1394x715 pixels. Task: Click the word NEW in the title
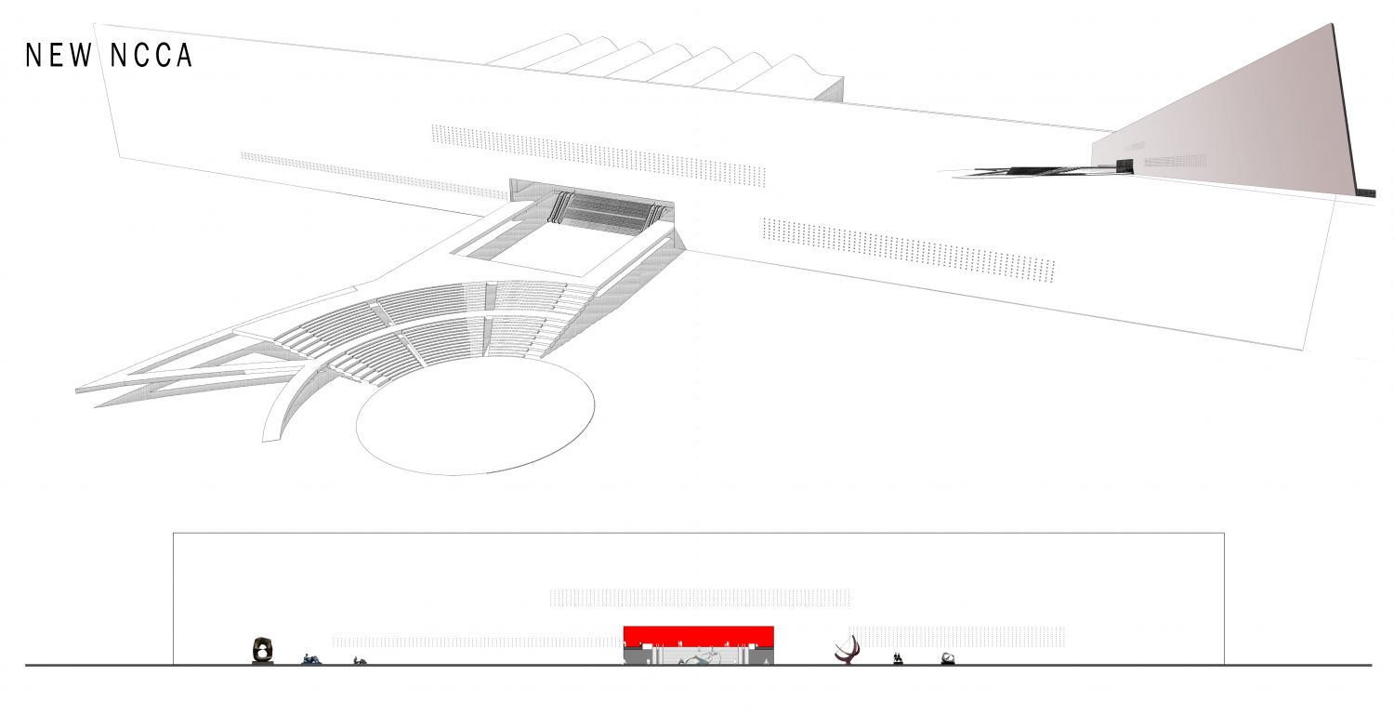coord(59,56)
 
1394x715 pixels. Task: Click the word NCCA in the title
coord(151,56)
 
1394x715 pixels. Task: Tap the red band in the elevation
coord(698,637)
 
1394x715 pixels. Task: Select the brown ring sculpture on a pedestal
coord(263,650)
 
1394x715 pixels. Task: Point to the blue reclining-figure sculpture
coord(311,659)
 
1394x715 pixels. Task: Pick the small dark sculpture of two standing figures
coord(898,659)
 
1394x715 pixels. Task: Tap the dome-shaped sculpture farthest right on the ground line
coord(948,658)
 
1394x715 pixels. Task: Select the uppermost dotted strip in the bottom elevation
coord(700,598)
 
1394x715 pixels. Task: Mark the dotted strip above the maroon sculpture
coord(957,637)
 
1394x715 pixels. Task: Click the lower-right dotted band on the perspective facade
coord(909,250)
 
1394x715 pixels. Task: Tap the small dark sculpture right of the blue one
coord(360,661)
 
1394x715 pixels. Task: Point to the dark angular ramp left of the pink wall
coord(1033,171)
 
